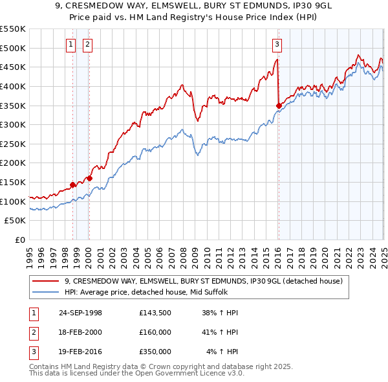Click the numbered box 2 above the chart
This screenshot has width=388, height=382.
(87, 45)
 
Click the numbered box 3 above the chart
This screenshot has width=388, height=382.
(277, 45)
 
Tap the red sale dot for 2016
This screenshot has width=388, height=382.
(279, 106)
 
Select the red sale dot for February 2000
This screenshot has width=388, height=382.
(89, 179)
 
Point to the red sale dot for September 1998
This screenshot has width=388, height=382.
(73, 185)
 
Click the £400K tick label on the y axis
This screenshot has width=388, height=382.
(13, 86)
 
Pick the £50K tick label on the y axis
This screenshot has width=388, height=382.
(16, 221)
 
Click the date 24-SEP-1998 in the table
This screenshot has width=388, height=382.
(80, 313)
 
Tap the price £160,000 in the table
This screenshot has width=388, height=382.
(155, 332)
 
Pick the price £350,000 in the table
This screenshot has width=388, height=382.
(155, 352)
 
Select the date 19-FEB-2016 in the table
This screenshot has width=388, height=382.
(80, 352)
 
